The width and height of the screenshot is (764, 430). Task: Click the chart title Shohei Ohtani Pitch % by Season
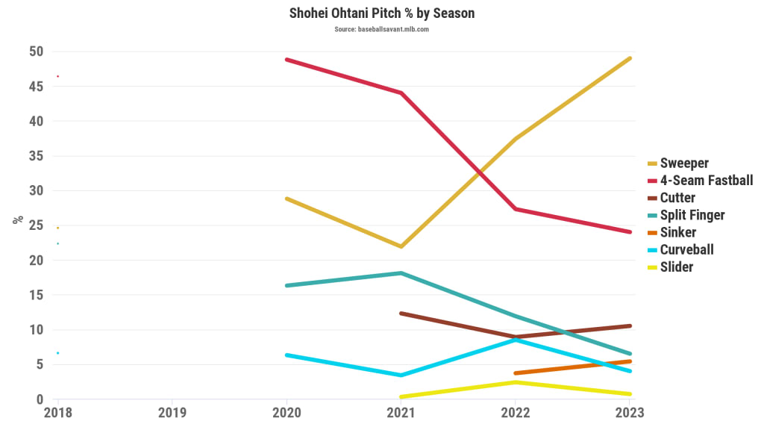click(382, 13)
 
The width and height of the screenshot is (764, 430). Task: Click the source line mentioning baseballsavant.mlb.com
click(382, 29)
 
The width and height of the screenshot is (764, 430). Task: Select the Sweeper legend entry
click(684, 163)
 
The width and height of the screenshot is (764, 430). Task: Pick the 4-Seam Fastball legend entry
click(707, 180)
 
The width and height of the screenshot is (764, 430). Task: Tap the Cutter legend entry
click(677, 198)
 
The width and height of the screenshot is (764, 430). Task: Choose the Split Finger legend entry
click(692, 215)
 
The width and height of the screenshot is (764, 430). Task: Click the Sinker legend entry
click(678, 232)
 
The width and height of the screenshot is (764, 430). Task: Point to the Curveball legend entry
click(686, 249)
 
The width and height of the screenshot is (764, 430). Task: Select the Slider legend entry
click(677, 267)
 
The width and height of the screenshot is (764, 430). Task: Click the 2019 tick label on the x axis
click(172, 412)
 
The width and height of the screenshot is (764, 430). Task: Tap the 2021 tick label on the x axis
click(401, 412)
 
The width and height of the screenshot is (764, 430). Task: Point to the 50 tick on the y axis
click(37, 52)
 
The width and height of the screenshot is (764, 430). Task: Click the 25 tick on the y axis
click(37, 225)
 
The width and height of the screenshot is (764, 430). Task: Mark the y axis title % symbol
click(16, 220)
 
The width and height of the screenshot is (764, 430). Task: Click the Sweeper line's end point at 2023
click(630, 58)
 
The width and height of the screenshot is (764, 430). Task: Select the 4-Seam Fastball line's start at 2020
click(287, 59)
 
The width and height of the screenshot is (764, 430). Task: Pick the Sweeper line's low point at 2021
click(401, 246)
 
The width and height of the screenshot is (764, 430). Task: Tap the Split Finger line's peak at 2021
click(401, 273)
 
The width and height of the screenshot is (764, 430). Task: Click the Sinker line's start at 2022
click(516, 373)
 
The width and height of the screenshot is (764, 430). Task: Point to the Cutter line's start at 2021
click(401, 314)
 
